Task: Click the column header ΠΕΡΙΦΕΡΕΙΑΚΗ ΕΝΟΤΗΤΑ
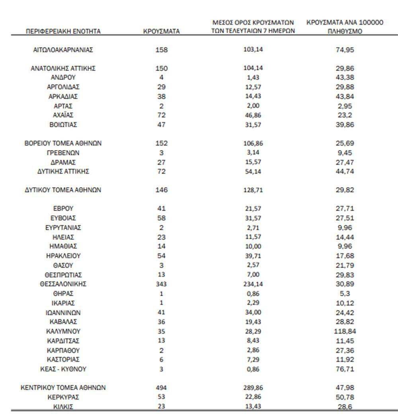tap(63, 31)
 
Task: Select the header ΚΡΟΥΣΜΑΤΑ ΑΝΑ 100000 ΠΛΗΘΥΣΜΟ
tap(345, 27)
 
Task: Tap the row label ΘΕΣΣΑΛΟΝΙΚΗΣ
tap(63, 284)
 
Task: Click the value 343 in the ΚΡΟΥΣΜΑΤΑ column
tap(161, 284)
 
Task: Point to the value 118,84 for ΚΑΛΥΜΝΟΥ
tap(345, 331)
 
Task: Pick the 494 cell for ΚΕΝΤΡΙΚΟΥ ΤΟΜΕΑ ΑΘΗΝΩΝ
tap(161, 388)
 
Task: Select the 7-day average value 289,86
tap(253, 388)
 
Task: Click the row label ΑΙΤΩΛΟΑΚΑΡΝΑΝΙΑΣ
tap(63, 50)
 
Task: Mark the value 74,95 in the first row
tap(345, 50)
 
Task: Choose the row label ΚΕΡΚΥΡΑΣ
tap(63, 397)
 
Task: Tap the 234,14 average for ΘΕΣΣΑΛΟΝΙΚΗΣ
tap(253, 284)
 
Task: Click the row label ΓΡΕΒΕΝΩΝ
tap(63, 153)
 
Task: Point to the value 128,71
tap(253, 190)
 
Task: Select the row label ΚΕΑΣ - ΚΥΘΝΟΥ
tap(63, 369)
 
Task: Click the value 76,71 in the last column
tap(345, 369)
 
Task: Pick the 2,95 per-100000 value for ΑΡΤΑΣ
tap(345, 106)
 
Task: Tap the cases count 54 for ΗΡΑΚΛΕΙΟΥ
tap(161, 256)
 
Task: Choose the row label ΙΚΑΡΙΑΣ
tap(63, 303)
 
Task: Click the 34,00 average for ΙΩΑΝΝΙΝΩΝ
tap(253, 312)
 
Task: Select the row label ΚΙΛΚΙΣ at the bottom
tap(63, 406)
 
